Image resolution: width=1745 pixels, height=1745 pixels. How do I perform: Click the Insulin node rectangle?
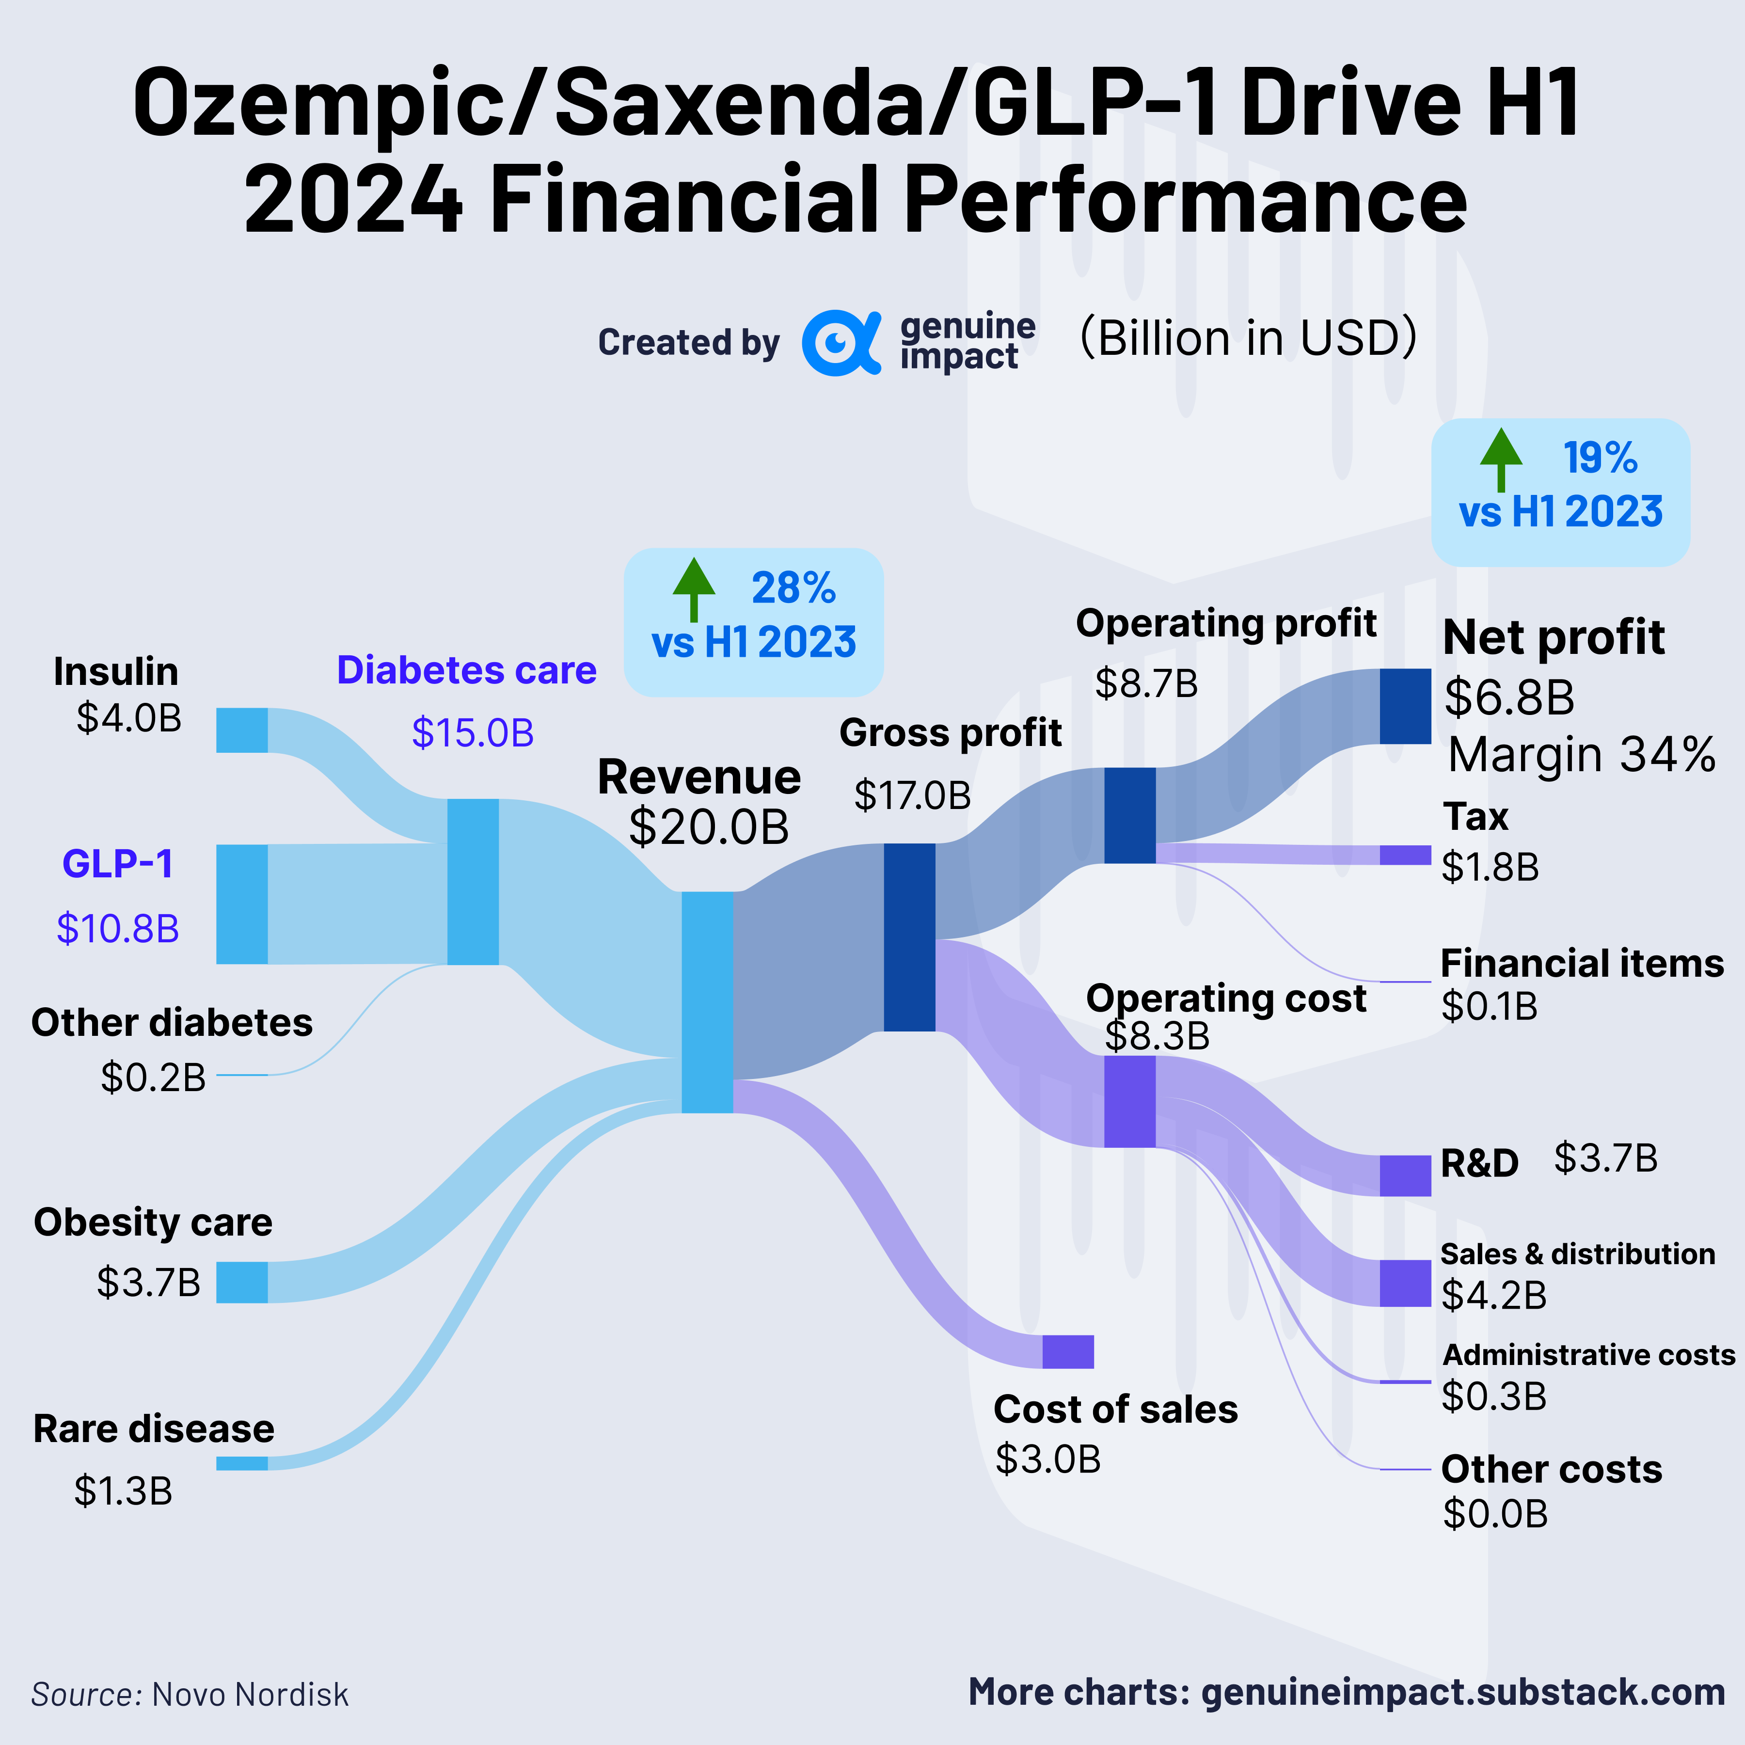242,730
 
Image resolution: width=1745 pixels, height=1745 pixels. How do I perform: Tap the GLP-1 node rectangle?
242,904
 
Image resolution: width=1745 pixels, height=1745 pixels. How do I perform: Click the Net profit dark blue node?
1405,706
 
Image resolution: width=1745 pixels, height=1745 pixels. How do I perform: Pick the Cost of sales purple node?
1067,1352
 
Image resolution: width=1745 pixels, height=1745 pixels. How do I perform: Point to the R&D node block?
1405,1175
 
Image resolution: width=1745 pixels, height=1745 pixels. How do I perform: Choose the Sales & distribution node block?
1405,1283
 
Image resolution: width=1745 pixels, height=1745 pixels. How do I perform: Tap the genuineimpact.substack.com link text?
1463,1692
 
